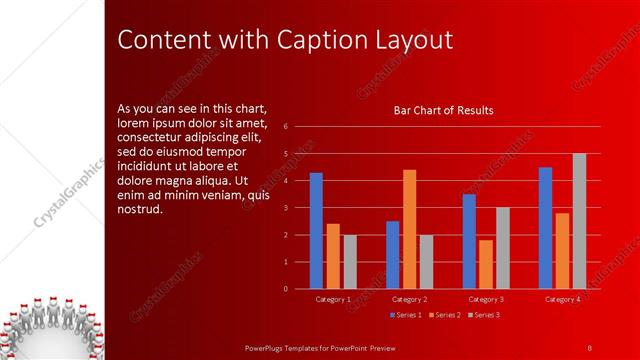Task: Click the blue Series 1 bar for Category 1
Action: point(316,231)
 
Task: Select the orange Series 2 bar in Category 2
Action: point(409,229)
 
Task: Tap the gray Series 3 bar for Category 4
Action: point(579,221)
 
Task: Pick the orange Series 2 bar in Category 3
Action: point(485,264)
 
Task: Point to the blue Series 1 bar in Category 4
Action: point(545,228)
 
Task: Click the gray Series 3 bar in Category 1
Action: point(350,262)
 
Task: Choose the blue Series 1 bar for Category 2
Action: point(392,255)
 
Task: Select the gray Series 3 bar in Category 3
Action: point(503,248)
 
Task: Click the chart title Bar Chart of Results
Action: point(444,110)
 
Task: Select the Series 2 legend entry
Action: point(445,315)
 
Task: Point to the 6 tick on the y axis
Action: point(286,127)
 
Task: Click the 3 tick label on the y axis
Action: point(286,208)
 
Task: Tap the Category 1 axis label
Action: point(333,299)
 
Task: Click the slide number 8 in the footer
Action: point(589,347)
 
